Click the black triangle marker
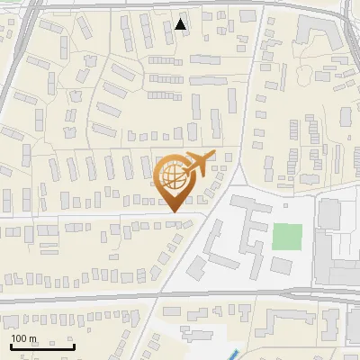pyautogui.click(x=182, y=24)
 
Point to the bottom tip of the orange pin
pyautogui.click(x=173, y=211)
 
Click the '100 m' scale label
pyautogui.click(x=23, y=338)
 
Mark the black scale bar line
pyautogui.click(x=42, y=346)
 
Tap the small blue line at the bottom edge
pyautogui.click(x=234, y=354)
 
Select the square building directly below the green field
pyautogui.click(x=282, y=265)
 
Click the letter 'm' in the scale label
pyautogui.click(x=31, y=338)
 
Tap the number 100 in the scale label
pyautogui.click(x=19, y=338)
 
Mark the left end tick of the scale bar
pyautogui.click(x=11, y=345)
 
